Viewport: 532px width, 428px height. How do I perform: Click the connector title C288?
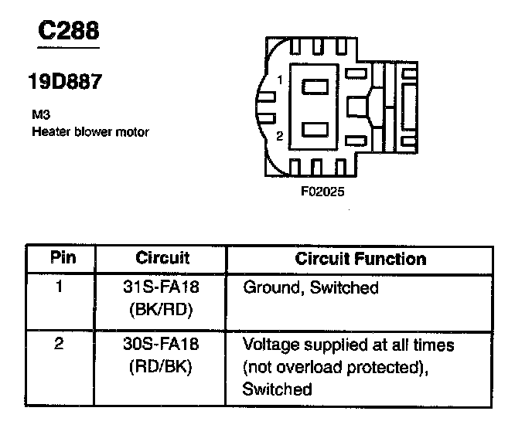[69, 31]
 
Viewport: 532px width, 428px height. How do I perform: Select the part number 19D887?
[66, 82]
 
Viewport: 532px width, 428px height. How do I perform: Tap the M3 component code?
[40, 114]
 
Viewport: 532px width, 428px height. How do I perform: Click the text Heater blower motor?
[90, 131]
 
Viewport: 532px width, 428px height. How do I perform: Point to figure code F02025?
[322, 189]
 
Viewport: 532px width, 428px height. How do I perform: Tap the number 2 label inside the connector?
[280, 137]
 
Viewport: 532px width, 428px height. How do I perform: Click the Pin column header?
[63, 258]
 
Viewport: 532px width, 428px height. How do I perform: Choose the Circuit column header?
[162, 258]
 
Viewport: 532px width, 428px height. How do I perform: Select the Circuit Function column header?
[360, 259]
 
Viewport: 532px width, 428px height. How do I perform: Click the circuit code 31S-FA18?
[162, 288]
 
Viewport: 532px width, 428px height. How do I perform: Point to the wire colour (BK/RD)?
[162, 310]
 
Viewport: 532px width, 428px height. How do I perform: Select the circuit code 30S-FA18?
[162, 345]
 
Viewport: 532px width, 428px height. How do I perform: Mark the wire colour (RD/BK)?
[162, 367]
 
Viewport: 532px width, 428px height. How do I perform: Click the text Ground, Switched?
[311, 288]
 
